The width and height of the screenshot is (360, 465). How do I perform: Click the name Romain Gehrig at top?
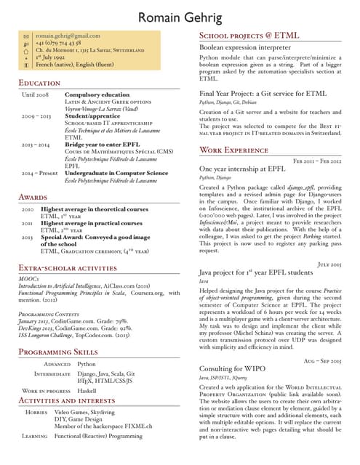click(x=180, y=17)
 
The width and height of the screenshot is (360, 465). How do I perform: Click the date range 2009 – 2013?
click(x=36, y=116)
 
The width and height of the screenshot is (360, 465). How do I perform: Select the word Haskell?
click(x=87, y=390)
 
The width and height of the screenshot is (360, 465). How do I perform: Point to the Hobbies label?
click(x=36, y=412)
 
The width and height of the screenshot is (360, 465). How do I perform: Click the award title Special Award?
click(x=63, y=237)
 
